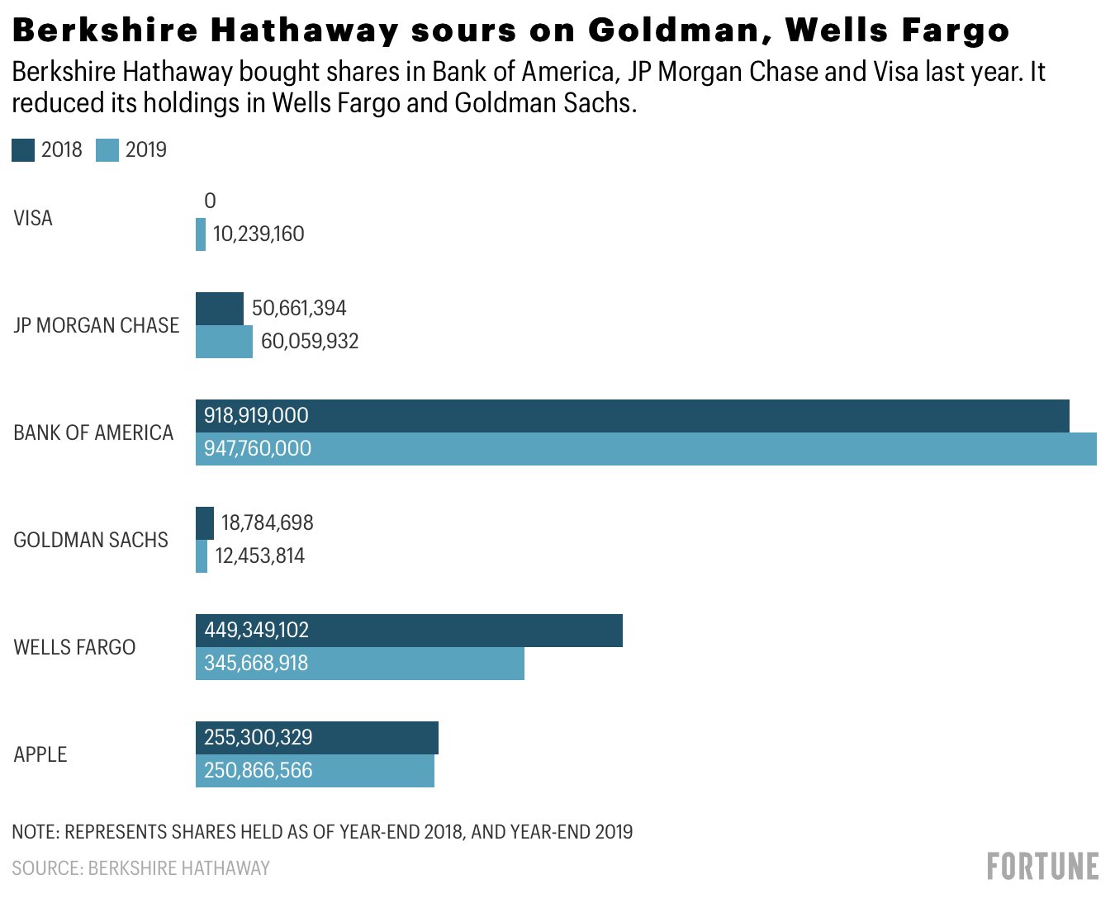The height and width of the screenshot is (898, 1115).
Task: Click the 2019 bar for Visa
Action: [x=201, y=234]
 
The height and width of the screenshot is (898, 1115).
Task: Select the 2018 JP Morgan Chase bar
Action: [x=220, y=309]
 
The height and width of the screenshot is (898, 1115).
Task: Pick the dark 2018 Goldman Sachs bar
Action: [x=205, y=523]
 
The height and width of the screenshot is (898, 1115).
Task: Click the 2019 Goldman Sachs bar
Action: [x=202, y=556]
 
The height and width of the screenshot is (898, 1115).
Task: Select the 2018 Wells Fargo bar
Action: [x=409, y=631]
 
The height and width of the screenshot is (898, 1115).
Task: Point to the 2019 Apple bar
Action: [x=315, y=771]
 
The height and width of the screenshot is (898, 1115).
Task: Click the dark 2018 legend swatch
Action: [x=23, y=150]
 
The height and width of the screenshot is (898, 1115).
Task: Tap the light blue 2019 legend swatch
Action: [x=107, y=150]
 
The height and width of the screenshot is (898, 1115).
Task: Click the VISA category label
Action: [x=33, y=219]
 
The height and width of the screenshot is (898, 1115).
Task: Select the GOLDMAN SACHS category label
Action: [x=91, y=541]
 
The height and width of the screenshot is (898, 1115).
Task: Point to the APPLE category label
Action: [x=40, y=755]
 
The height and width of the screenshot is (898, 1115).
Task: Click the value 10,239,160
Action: [x=259, y=234]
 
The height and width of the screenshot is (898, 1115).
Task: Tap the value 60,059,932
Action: [x=310, y=342]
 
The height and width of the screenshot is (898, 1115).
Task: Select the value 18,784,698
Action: [x=267, y=523]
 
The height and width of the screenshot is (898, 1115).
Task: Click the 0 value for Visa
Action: [x=210, y=201]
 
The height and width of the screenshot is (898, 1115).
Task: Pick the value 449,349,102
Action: [x=256, y=631]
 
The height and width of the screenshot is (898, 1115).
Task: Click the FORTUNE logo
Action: [x=1043, y=867]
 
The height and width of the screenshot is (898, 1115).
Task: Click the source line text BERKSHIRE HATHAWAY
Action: [x=179, y=868]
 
